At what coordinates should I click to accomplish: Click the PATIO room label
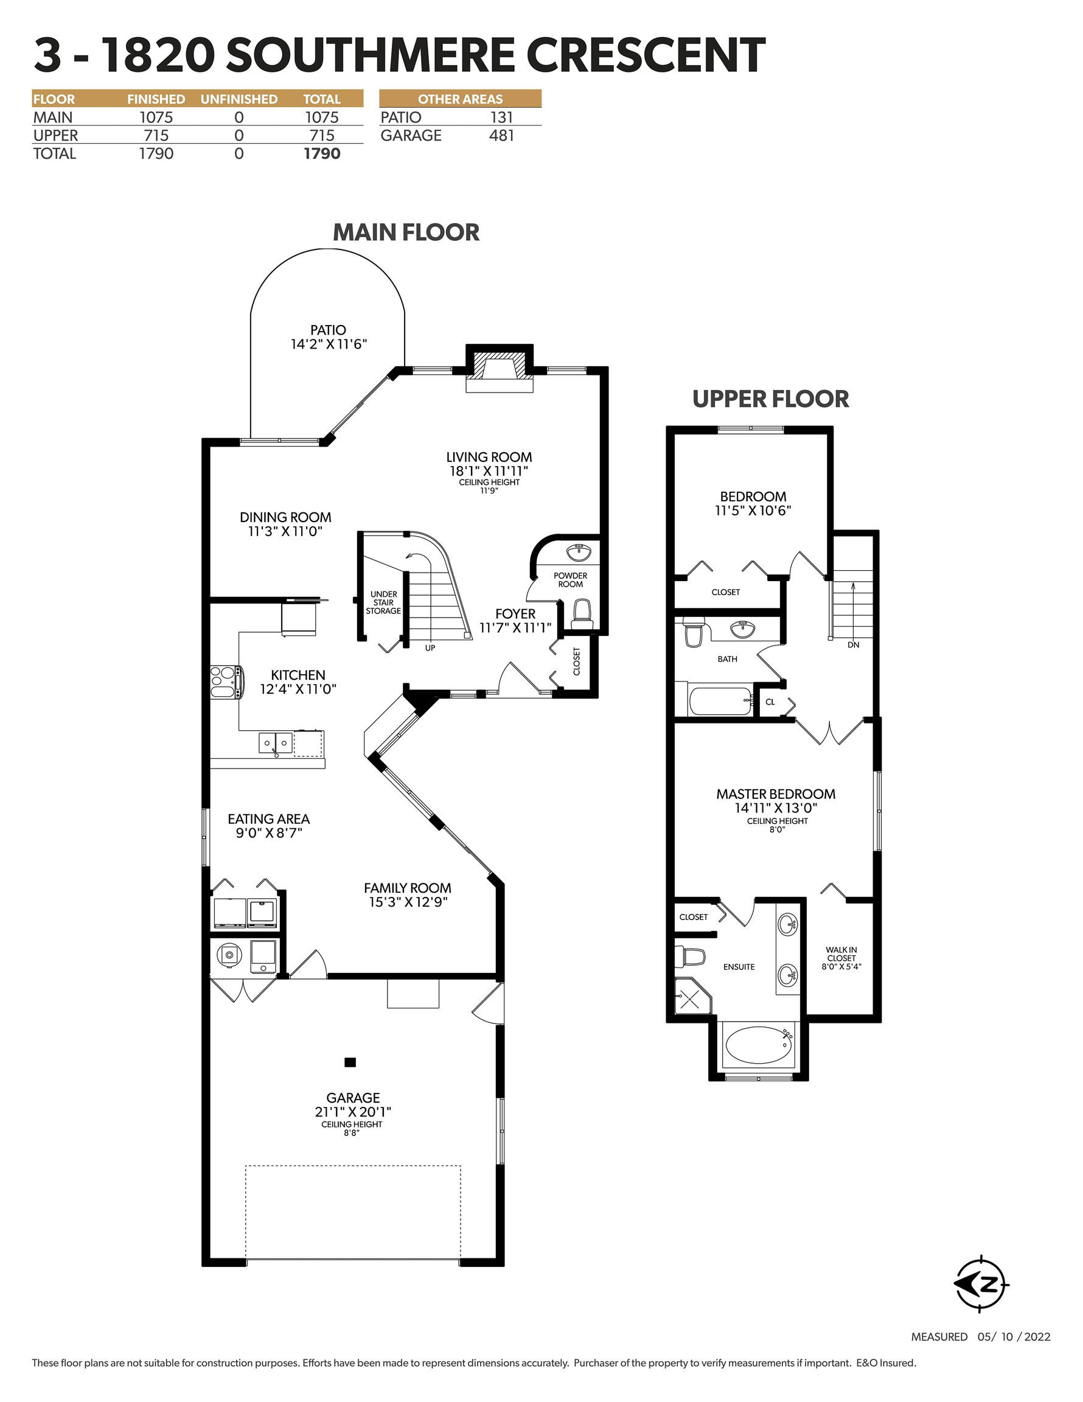pos(328,330)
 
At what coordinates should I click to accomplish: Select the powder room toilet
pos(582,615)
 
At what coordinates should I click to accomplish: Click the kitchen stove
pos(226,682)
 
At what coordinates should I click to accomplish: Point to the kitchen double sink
pos(276,744)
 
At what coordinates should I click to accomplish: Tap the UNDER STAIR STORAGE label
pos(383,603)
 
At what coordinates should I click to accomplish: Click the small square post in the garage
pos(350,1062)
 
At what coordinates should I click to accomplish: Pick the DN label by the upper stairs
pos(853,644)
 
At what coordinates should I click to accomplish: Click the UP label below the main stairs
pos(430,647)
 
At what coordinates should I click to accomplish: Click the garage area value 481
pos(501,136)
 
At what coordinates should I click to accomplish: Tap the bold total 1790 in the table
pos(322,153)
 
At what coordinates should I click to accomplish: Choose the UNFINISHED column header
pos(239,99)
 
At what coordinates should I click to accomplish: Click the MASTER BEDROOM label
pos(776,794)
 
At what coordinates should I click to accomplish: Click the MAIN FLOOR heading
pos(406,232)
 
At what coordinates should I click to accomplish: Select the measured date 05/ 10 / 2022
pos(1014,1336)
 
